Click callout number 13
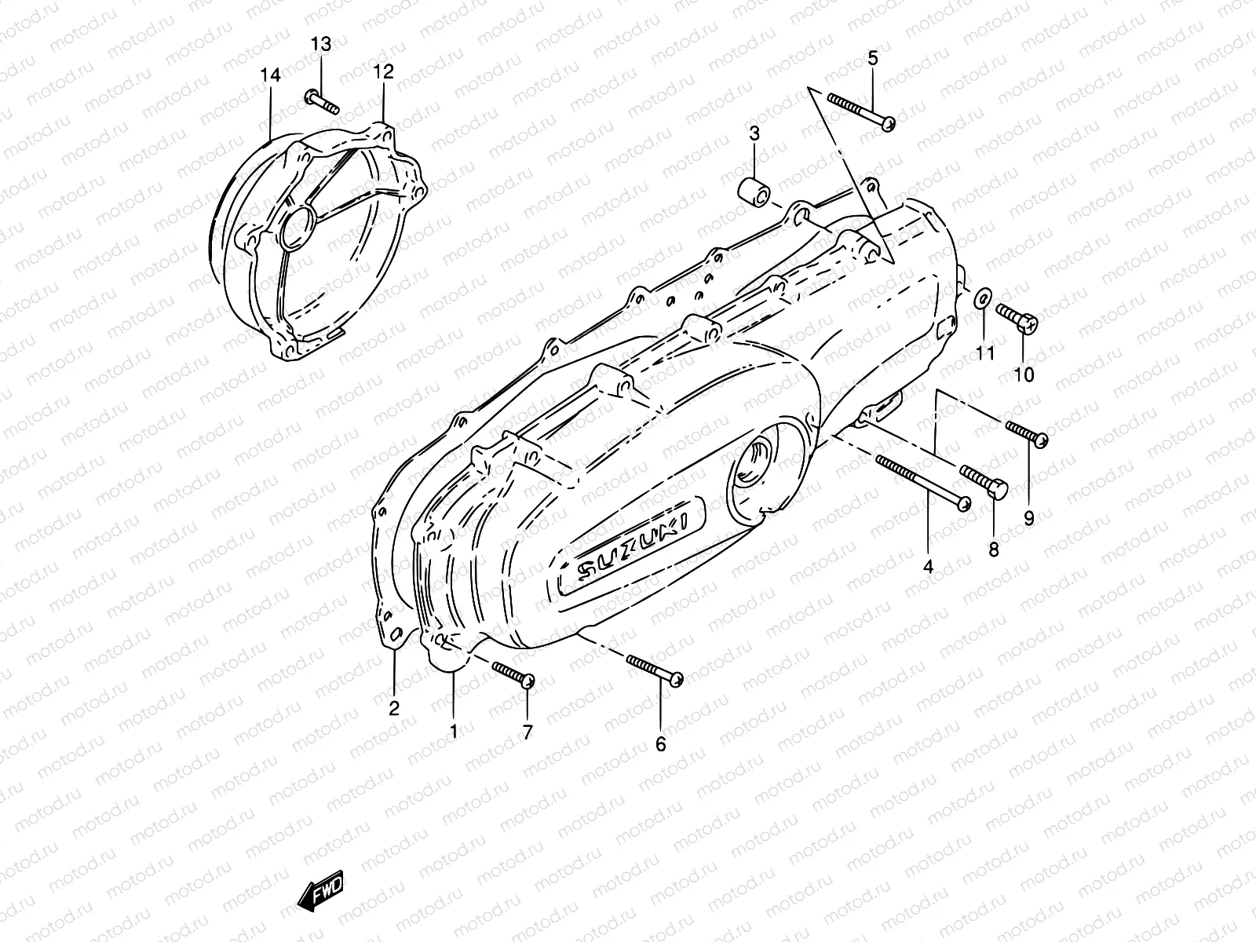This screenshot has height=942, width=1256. [x=321, y=45]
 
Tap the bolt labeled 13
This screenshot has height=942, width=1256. [x=320, y=100]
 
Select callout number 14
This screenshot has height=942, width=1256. [x=270, y=75]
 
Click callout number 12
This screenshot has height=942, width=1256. [x=383, y=71]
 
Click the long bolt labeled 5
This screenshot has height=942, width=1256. [x=861, y=111]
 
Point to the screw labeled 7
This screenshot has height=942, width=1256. [x=513, y=674]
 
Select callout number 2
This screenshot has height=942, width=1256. [x=394, y=708]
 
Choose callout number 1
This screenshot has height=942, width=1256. [x=453, y=731]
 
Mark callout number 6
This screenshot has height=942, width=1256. [x=660, y=743]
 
